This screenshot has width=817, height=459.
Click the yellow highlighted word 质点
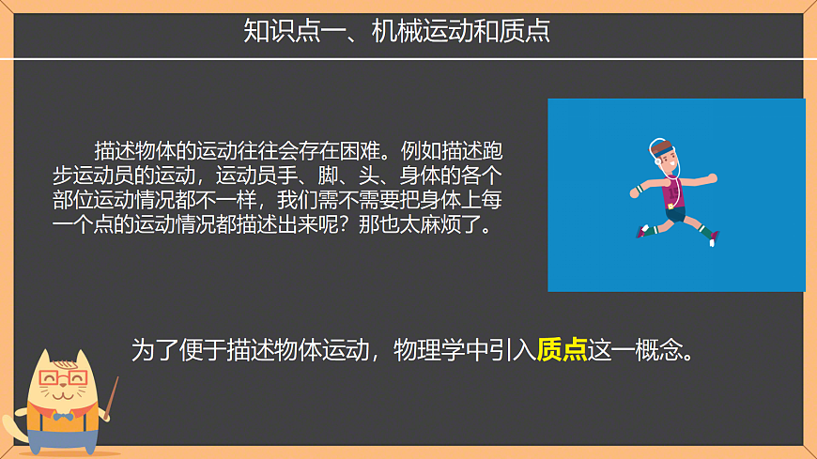click(562, 350)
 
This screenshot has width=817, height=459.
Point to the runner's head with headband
click(665, 157)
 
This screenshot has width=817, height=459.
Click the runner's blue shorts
click(675, 212)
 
